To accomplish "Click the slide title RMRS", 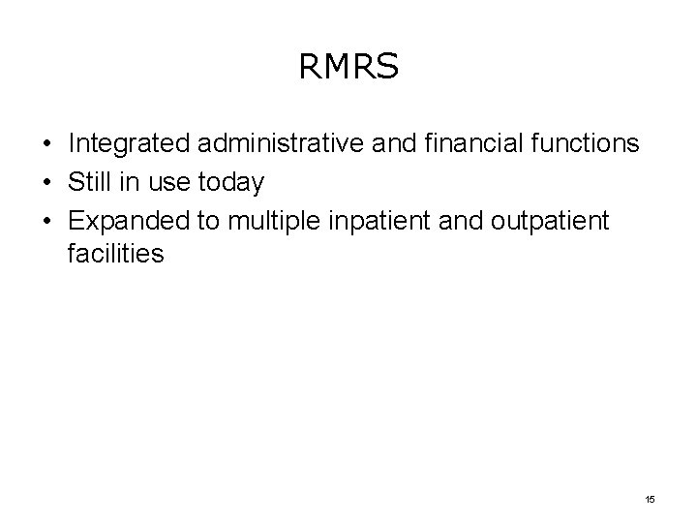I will click(348, 67).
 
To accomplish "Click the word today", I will click(230, 182).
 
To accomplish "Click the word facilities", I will click(116, 255).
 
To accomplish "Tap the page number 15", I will click(649, 498).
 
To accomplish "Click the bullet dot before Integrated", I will click(46, 145).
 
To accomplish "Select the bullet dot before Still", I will click(46, 182).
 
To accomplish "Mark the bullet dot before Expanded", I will click(46, 219).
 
